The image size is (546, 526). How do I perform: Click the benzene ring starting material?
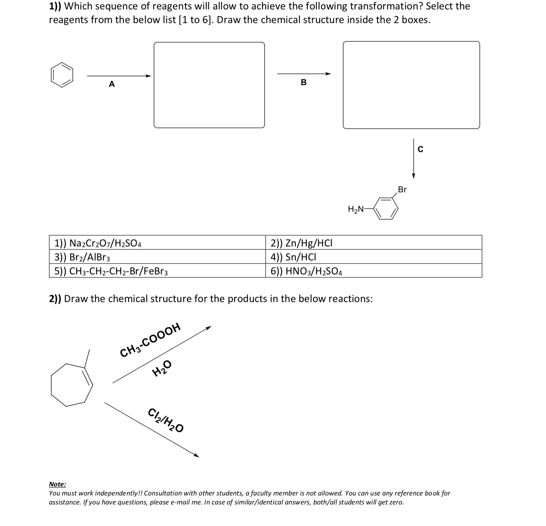[62, 75]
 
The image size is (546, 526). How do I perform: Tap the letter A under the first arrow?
[112, 84]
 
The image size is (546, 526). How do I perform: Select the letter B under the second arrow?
[303, 82]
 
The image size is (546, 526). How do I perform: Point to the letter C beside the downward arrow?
[420, 149]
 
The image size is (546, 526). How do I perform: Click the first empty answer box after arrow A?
[209, 85]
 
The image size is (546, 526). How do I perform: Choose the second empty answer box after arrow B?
[411, 85]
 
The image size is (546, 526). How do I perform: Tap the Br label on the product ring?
[402, 189]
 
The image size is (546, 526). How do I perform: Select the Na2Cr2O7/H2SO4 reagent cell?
[157, 243]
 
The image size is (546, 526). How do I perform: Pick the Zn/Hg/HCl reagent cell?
[373, 243]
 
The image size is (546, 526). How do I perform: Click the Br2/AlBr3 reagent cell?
[157, 257]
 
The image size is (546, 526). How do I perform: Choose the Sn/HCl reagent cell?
[373, 257]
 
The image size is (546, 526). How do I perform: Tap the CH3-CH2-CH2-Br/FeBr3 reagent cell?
[157, 271]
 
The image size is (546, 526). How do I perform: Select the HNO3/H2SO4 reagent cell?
[373, 271]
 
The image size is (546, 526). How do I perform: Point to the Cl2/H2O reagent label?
[166, 420]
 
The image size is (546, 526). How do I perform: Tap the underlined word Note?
[57, 484]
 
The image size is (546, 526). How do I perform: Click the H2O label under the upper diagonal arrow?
[162, 369]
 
